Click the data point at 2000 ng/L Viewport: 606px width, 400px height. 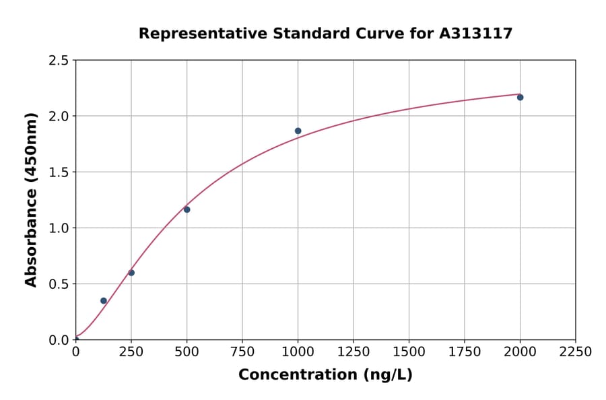point(520,98)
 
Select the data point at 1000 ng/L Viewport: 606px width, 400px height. point(298,131)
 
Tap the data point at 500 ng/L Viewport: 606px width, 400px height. point(187,209)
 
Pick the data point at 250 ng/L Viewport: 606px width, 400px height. point(131,273)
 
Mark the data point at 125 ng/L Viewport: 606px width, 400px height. point(104,301)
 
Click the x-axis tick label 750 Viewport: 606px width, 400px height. point(242,352)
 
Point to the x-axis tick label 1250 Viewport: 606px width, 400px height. point(353,352)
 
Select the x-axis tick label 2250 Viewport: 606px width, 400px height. point(575,352)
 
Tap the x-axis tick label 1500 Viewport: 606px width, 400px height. point(409,352)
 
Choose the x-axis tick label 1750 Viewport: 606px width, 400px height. point(465,352)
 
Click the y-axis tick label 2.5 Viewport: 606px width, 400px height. point(59,61)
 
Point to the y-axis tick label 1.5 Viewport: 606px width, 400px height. point(59,172)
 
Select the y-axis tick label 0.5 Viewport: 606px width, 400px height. point(59,284)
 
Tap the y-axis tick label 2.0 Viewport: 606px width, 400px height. point(59,116)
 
